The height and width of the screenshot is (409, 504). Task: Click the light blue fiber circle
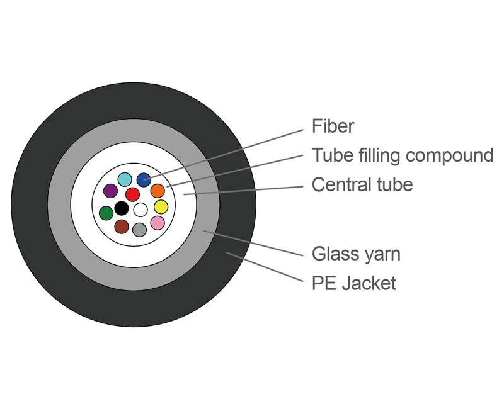click(125, 179)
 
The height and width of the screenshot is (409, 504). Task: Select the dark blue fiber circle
click(144, 179)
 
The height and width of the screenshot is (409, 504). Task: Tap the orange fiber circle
click(157, 190)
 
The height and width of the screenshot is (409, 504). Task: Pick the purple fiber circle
click(110, 190)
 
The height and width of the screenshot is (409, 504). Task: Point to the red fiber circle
click(132, 194)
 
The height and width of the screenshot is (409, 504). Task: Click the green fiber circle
click(106, 213)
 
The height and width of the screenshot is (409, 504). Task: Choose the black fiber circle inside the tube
click(122, 208)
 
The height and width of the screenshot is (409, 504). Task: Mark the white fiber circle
click(140, 209)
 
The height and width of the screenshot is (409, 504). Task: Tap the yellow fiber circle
click(161, 207)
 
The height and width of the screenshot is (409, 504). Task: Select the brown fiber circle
click(122, 227)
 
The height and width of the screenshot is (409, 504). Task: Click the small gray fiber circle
click(140, 230)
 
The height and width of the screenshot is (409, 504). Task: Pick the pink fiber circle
click(157, 223)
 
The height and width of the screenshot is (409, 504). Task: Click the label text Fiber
click(333, 126)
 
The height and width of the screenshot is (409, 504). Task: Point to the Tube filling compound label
click(403, 155)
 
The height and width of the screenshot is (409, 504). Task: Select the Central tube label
click(362, 185)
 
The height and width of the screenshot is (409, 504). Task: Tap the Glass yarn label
click(356, 254)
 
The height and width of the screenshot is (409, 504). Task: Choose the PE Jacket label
click(354, 283)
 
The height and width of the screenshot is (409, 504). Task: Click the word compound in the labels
click(448, 155)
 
